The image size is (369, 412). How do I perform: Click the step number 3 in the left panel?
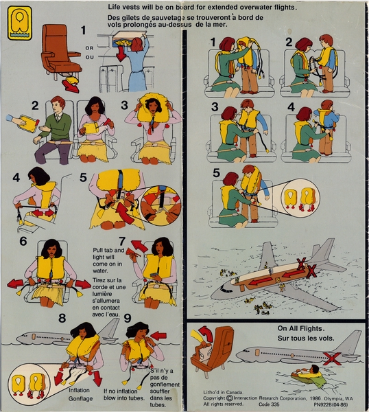pos(124,105)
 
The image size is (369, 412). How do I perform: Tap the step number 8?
pos(62,319)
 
